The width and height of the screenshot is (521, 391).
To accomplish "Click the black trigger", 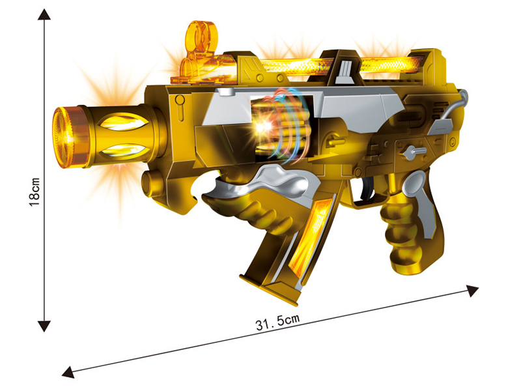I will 367,189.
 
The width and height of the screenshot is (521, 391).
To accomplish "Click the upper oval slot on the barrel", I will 124,121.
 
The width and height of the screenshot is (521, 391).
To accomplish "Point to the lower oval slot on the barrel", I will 124,151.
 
